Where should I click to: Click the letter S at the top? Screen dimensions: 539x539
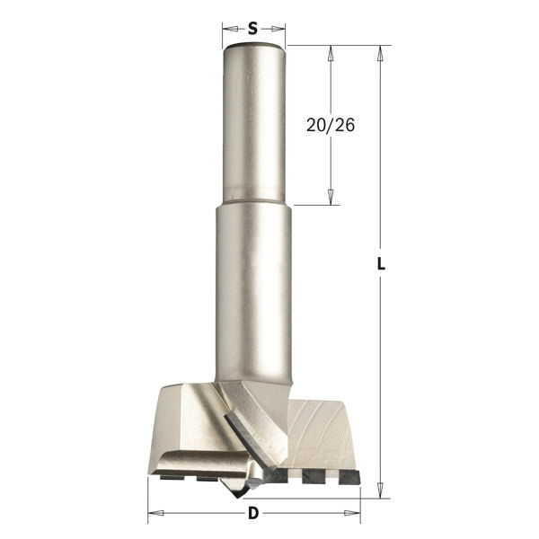(x=253, y=28)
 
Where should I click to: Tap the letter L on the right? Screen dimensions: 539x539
(x=382, y=265)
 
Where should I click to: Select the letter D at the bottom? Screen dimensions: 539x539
(x=253, y=514)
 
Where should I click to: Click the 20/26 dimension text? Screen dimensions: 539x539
(x=331, y=126)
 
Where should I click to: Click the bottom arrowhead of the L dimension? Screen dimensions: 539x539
(x=382, y=489)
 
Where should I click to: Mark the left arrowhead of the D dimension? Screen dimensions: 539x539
(x=154, y=514)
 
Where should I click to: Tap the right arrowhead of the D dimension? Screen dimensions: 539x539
(x=355, y=514)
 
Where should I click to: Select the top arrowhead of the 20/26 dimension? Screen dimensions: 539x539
(x=331, y=52)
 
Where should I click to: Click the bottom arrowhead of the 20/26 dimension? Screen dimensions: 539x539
(x=331, y=198)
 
